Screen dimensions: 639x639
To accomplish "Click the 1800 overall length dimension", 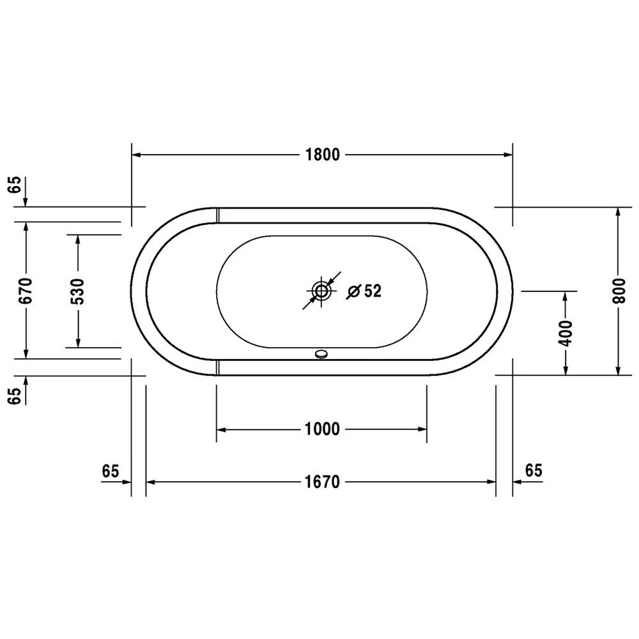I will coord(322,155).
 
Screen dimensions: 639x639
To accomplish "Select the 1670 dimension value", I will coord(322,482).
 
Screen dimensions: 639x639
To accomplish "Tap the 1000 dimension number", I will coord(322,429).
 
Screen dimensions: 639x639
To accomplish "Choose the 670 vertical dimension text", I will coord(26,291).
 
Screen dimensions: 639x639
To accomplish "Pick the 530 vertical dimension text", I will coord(77,291).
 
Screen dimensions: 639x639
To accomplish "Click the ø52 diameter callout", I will coord(364,291).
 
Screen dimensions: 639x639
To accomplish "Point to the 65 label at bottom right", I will coord(534,471).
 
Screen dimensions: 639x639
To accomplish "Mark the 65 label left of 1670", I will coord(111,471).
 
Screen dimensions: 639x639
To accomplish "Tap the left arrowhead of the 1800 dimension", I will coord(136,155).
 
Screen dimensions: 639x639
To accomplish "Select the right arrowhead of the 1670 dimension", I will coord(491,482).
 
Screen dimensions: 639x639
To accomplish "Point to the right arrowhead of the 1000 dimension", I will coord(422,429).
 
